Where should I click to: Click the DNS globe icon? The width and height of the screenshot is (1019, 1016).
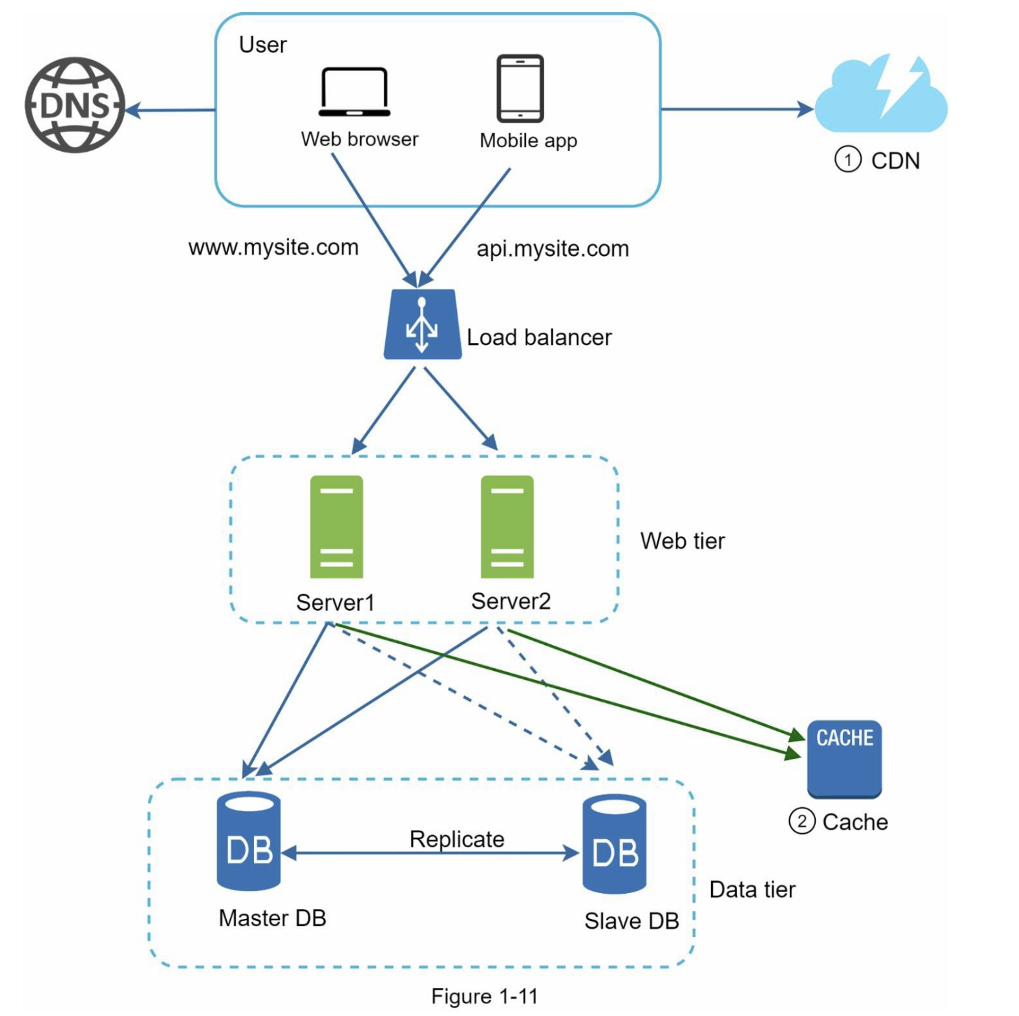[75, 105]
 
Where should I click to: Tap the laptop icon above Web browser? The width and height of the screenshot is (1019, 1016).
[355, 92]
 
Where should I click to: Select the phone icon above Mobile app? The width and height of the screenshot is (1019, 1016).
[520, 88]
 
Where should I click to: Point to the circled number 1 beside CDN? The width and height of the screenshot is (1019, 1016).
[848, 160]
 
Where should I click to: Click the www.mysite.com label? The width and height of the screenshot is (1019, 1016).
[273, 248]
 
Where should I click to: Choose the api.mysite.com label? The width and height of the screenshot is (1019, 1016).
[552, 249]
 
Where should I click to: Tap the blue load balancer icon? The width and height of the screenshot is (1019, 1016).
[422, 324]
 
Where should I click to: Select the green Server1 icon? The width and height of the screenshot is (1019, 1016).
[336, 527]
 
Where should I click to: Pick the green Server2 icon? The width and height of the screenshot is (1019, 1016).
[507, 527]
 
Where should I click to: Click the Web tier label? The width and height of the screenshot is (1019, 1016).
[682, 541]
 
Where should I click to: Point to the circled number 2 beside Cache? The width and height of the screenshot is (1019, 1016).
[801, 821]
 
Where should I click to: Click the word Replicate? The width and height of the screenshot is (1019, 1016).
[457, 839]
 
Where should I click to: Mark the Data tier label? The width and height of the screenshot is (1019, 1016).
[752, 890]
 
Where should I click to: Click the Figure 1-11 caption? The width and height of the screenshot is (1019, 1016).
[484, 996]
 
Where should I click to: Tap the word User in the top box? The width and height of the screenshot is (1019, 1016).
[263, 45]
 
